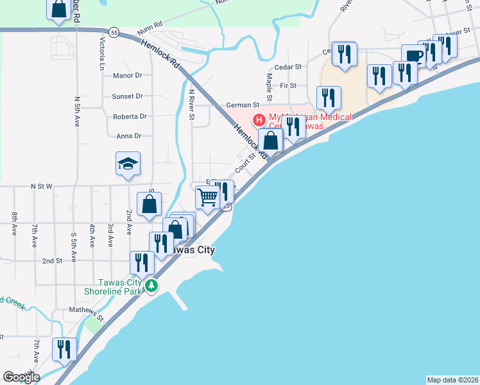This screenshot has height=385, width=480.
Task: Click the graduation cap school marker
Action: (x=128, y=164)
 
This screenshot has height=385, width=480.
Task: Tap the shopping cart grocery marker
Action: (x=207, y=197)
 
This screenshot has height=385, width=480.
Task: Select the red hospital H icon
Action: (x=259, y=119)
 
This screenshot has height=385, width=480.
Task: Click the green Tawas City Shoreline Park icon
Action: (x=151, y=286)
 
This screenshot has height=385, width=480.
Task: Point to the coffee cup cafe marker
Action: (x=413, y=55)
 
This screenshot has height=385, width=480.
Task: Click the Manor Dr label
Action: (x=127, y=76)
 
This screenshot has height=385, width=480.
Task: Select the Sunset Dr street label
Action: (x=127, y=96)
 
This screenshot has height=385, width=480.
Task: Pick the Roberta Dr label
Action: (x=130, y=117)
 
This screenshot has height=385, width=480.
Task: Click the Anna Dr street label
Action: (x=128, y=136)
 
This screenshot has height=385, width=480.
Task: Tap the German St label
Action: (x=242, y=105)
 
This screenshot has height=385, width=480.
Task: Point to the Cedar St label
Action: (x=287, y=67)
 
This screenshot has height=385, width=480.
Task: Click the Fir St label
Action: (x=288, y=85)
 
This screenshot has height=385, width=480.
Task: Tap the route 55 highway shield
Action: (x=114, y=31)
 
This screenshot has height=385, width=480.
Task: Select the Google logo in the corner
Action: (x=21, y=377)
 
